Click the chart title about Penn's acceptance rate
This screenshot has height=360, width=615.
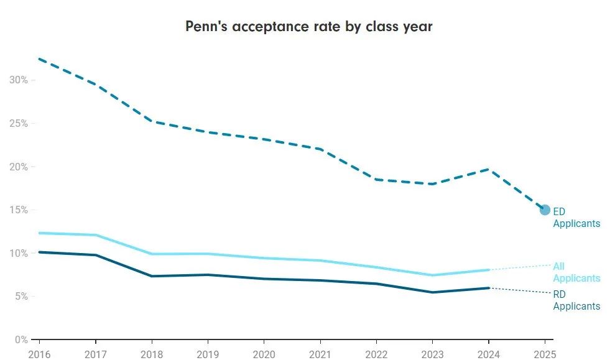(308, 27)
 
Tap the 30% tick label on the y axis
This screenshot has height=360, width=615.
(19, 80)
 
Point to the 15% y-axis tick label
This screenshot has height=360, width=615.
(19, 210)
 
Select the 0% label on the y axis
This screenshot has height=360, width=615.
(21, 340)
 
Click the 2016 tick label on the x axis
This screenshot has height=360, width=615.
(39, 353)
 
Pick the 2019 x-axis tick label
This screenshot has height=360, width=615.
(207, 353)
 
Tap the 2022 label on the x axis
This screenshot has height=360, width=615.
(376, 353)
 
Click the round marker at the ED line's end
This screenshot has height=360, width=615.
(545, 210)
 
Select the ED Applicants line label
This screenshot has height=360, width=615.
(576, 218)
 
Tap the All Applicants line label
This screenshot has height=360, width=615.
(576, 272)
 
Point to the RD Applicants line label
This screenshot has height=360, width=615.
(576, 300)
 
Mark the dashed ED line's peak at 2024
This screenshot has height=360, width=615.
(489, 169)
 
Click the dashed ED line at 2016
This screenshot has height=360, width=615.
(39, 59)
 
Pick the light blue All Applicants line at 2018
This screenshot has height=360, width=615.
(151, 254)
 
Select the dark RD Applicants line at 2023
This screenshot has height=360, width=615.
(432, 292)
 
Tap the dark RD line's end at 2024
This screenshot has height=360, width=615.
(489, 288)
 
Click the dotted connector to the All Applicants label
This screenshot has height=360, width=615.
(520, 267)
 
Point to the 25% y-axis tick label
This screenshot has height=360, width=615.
(19, 124)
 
